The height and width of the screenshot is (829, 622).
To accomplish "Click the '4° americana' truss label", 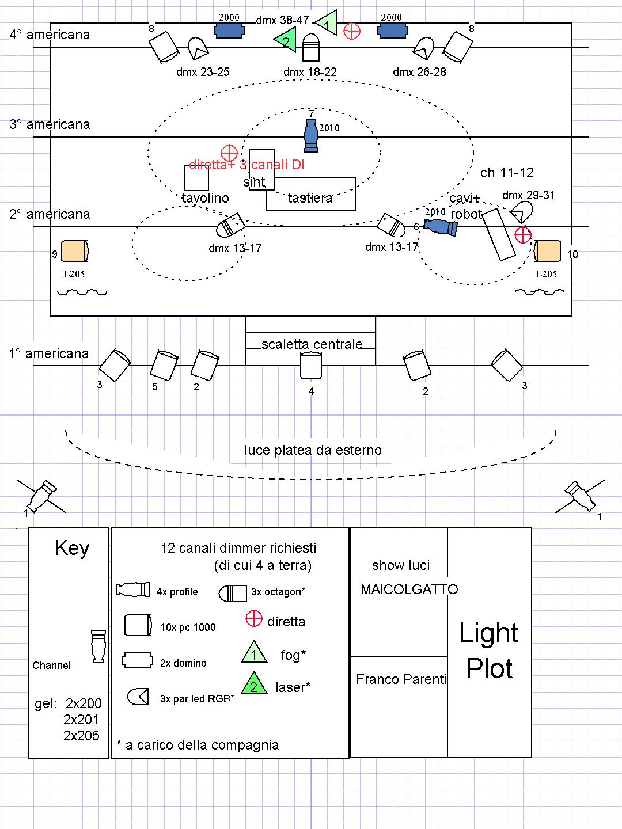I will point(50,35).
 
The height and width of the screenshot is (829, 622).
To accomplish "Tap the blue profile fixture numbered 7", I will point(311,136).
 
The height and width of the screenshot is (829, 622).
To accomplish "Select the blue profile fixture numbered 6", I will point(441,226).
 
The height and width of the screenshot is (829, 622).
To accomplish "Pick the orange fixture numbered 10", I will point(547,252).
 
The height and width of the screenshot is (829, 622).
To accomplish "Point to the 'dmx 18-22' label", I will point(310,72).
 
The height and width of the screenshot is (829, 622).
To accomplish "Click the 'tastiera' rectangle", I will point(310,194).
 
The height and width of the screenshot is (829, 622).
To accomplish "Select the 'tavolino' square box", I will point(196,178).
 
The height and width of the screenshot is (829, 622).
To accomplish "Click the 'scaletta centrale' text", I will point(312,344).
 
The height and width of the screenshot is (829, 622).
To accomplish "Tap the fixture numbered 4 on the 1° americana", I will point(310,366).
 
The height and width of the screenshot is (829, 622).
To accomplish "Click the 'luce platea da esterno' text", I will point(313,450).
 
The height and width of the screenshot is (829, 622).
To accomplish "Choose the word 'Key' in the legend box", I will point(72,548).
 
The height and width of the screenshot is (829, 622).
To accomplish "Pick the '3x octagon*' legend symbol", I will point(233,593).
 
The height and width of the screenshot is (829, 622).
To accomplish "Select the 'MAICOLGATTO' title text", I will point(409,590).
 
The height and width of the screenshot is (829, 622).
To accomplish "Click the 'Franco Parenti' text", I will point(401,679).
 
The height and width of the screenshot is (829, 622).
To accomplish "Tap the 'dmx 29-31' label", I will point(528,195).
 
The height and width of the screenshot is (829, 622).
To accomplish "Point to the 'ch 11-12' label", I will point(507,173).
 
